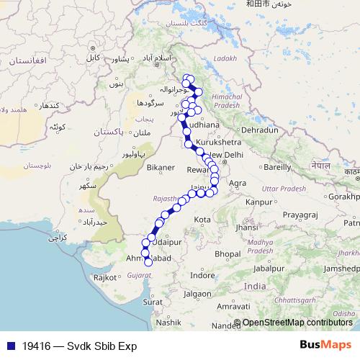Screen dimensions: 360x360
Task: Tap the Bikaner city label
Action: click(x=161, y=167)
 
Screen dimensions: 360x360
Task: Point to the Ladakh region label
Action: click(x=224, y=58)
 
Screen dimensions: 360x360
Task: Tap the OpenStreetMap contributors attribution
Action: click(x=297, y=324)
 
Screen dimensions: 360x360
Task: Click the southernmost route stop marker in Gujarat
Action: click(x=149, y=263)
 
